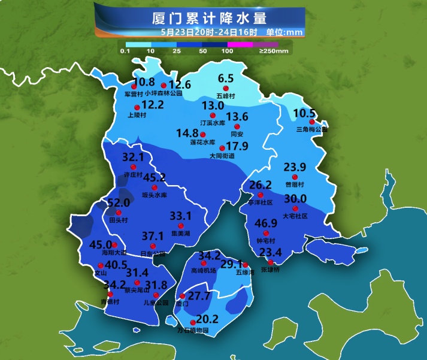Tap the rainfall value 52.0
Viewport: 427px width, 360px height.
(118, 204)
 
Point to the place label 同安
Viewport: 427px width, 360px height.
(238, 135)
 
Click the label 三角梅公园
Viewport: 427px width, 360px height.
(312, 129)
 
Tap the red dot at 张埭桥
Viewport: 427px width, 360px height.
(271, 262)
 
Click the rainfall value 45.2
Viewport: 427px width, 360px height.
(155, 178)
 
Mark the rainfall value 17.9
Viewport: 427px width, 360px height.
(238, 146)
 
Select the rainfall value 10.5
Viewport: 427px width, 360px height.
(304, 114)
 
